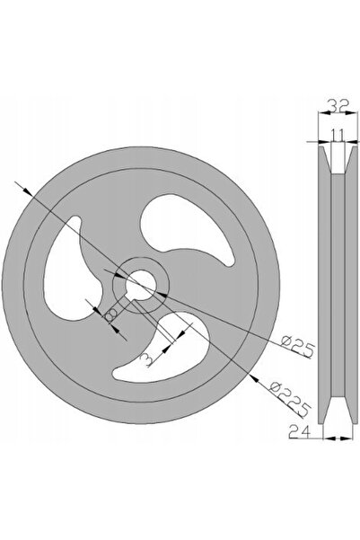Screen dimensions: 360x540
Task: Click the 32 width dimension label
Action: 338,106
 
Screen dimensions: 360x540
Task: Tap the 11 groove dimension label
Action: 338,135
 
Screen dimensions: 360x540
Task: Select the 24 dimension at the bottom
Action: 300,431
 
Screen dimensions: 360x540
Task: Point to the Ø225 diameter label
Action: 290,399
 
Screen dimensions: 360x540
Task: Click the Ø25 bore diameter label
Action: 297,347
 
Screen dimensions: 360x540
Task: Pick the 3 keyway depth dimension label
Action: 146,359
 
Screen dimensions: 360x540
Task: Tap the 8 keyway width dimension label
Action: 110,314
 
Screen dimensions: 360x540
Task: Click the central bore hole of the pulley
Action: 141,285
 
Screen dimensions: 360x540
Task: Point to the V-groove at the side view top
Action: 338,159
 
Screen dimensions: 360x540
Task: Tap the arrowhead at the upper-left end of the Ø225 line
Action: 27,190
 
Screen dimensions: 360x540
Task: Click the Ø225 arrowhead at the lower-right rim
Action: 254,379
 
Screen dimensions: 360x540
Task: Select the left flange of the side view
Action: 324,285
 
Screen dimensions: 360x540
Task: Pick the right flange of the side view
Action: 351,285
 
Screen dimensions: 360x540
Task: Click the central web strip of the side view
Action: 338,285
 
